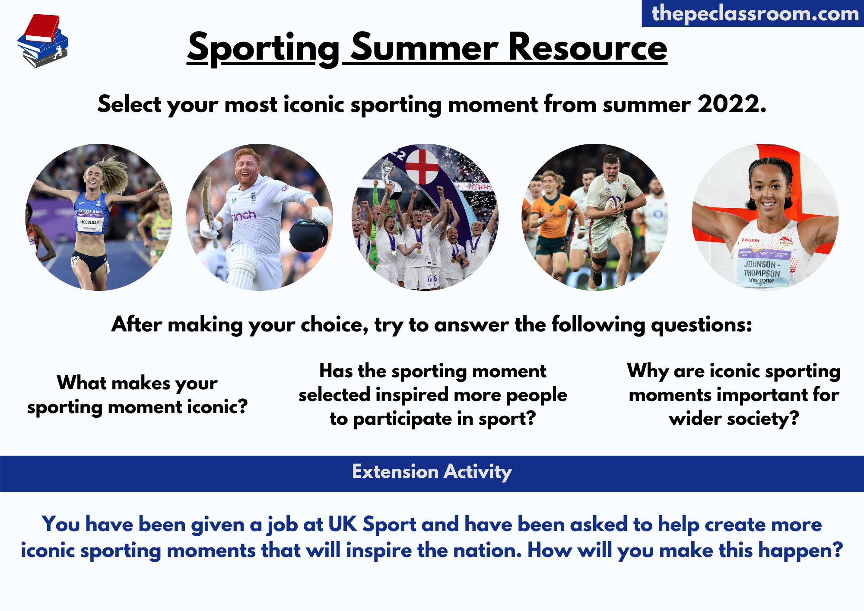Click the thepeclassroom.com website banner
click(753, 13)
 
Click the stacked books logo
click(43, 41)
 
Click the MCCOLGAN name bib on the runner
click(89, 223)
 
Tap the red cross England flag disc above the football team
click(422, 167)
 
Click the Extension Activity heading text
click(432, 472)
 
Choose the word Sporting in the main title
click(264, 48)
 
